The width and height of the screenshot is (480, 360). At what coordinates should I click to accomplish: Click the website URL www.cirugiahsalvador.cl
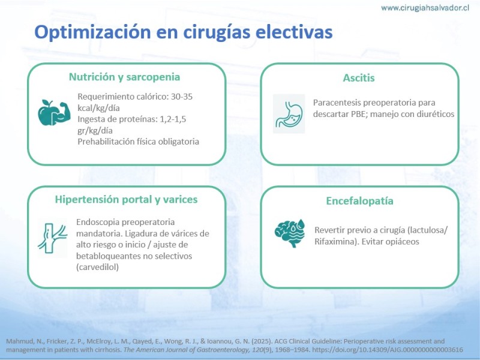(425, 8)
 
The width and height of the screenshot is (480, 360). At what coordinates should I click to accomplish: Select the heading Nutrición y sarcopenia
(124, 77)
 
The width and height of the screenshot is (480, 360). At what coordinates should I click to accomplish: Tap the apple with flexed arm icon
(54, 113)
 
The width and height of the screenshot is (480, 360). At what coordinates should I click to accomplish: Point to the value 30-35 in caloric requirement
(182, 97)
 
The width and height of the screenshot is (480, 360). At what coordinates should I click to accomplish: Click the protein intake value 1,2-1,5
(173, 119)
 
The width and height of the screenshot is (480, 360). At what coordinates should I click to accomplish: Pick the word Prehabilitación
(106, 142)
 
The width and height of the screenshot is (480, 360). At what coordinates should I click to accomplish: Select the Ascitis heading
(359, 78)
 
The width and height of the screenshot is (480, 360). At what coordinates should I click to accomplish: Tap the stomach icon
(289, 113)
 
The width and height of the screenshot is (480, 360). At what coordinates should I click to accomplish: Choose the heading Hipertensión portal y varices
(126, 200)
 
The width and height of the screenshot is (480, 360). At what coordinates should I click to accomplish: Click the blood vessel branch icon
(53, 238)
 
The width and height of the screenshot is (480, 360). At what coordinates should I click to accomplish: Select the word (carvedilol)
(97, 267)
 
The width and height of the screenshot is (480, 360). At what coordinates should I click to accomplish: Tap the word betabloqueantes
(109, 256)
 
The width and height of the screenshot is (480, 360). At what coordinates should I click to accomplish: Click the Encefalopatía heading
(359, 201)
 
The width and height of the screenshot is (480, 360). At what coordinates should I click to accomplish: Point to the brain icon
(290, 233)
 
